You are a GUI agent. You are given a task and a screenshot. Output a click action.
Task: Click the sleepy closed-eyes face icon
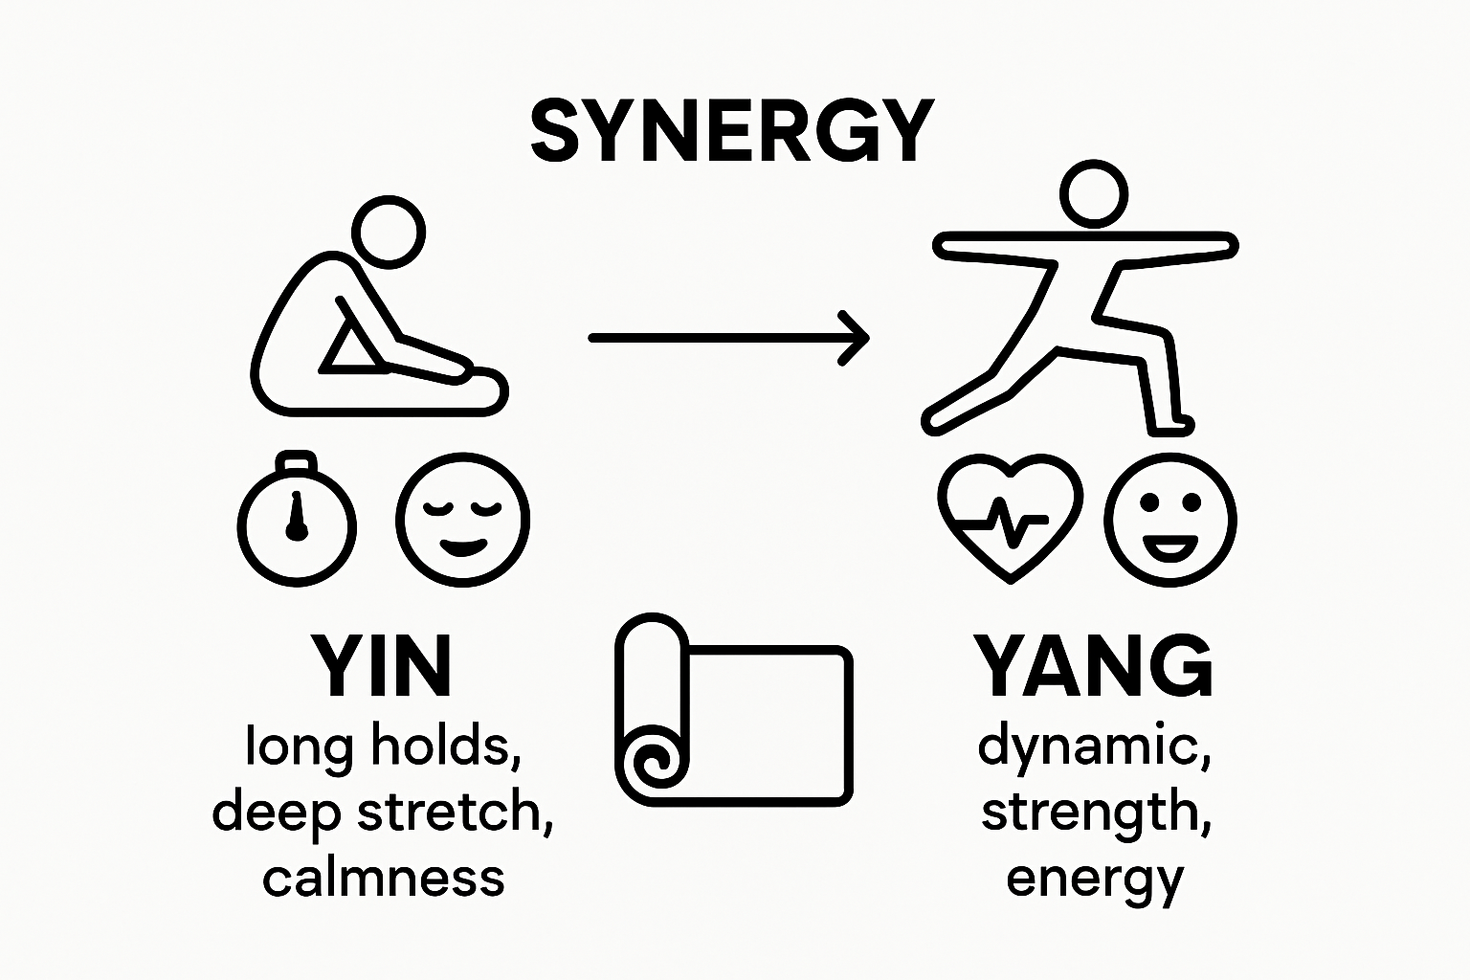pos(463,520)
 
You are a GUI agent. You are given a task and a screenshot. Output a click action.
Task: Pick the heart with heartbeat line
pos(1011,518)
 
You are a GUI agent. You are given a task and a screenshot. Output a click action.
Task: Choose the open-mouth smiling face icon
pos(1170,520)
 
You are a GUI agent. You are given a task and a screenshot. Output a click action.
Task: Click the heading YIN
pos(382,666)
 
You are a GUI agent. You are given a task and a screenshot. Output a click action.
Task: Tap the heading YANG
pos(1094,666)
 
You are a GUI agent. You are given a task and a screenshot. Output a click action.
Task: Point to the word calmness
pos(383,878)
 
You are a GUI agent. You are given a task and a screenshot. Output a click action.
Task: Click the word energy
pos(1095,878)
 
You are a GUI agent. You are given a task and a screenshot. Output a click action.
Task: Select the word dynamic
pos(1095,746)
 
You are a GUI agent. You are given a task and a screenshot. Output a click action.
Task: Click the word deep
pos(277,813)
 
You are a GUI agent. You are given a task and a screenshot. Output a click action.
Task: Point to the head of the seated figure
pos(389,231)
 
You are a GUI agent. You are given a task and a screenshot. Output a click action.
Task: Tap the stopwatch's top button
pos(297,464)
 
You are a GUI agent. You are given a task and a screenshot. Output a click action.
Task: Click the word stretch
pos(454,813)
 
